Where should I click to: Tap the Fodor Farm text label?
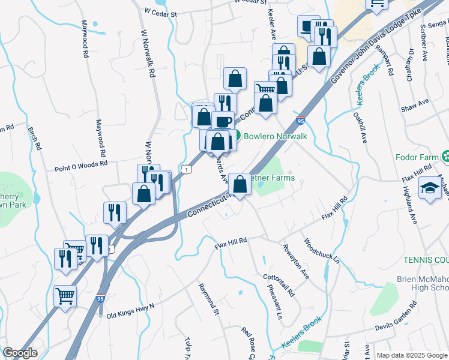[417, 157]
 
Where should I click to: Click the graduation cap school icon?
[431, 187]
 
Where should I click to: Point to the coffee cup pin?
[223, 121]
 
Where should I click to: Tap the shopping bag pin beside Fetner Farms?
[240, 184]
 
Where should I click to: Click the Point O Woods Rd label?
[81, 163]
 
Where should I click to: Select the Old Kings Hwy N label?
[130, 311]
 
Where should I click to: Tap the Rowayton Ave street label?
[297, 264]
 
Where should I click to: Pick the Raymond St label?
[208, 299]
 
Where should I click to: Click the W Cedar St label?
[161, 12]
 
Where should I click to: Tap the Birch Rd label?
[34, 138]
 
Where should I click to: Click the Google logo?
[20, 353]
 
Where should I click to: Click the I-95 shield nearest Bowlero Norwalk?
[300, 121]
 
